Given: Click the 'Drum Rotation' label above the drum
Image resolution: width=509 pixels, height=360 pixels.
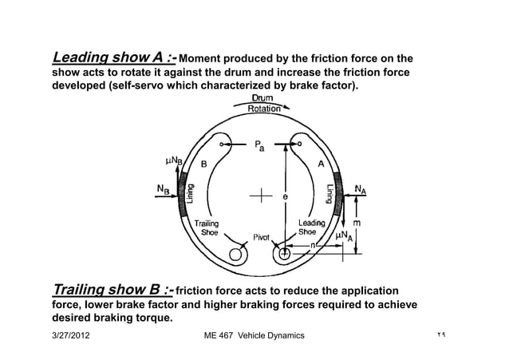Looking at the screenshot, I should pyautogui.click(x=264, y=103).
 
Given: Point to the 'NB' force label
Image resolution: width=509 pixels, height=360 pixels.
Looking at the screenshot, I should pyautogui.click(x=162, y=189).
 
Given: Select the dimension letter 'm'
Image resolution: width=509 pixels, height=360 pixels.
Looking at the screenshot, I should pyautogui.click(x=356, y=223).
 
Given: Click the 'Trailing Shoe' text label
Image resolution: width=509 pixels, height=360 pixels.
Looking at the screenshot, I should pyautogui.click(x=207, y=228).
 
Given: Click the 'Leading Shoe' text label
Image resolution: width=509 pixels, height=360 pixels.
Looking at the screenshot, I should pyautogui.click(x=311, y=228).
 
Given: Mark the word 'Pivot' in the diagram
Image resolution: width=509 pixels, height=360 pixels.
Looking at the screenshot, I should pyautogui.click(x=263, y=237).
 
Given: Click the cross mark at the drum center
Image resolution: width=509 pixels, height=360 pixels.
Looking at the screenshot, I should pyautogui.click(x=260, y=195).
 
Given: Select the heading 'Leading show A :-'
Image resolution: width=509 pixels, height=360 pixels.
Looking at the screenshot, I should pyautogui.click(x=115, y=57).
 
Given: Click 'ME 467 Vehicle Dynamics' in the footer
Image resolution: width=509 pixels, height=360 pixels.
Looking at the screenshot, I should pyautogui.click(x=254, y=335).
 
